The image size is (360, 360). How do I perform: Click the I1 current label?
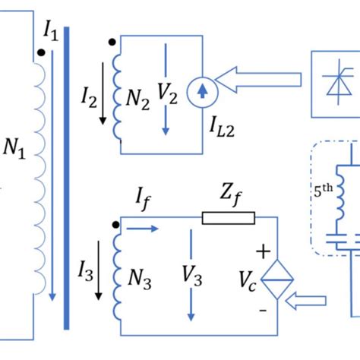(x=51, y=31)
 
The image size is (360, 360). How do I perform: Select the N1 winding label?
(x=14, y=153)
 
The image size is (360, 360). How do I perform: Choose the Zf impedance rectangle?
(x=228, y=219)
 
